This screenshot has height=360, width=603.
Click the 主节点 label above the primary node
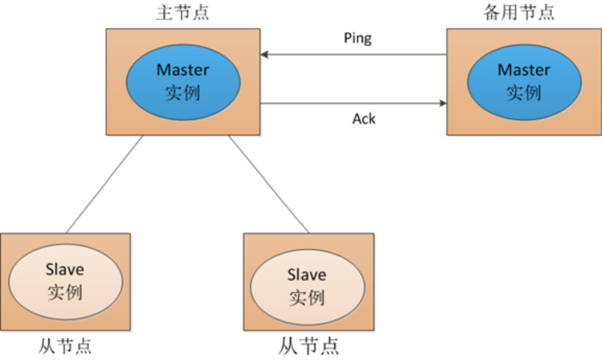pos(182,13)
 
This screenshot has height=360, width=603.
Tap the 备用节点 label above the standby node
pos(519,13)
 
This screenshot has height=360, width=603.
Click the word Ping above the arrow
pos(358,38)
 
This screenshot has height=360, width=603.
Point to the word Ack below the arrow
pos(364,119)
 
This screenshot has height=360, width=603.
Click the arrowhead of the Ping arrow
pos(264,54)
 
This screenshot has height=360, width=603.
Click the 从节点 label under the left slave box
pos(65,346)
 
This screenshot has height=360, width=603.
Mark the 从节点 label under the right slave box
pos(308,346)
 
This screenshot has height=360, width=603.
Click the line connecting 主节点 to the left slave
pos(105,184)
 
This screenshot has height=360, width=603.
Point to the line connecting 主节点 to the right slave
pos(268,184)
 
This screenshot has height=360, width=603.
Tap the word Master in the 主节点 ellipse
pos(183,70)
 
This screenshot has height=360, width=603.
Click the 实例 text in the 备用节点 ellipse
pos(524,93)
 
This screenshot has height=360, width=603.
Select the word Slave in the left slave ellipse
pos(65,269)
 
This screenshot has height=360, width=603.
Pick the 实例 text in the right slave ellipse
pos(307,298)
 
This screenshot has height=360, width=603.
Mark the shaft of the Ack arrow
pos(352,102)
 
